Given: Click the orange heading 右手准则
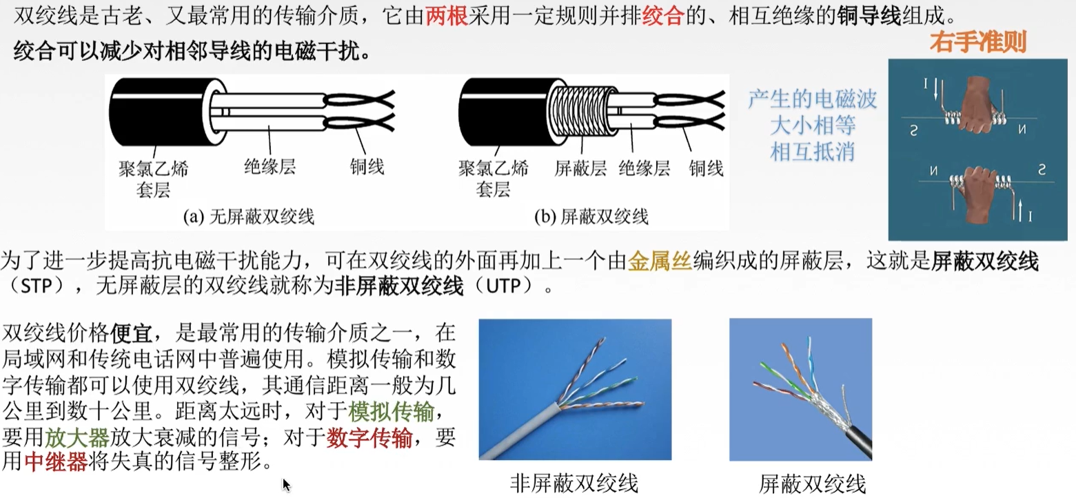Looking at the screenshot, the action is pyautogui.click(x=978, y=42).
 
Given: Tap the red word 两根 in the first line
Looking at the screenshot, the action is pyautogui.click(x=447, y=16).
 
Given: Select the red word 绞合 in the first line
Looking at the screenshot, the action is pyautogui.click(x=662, y=16).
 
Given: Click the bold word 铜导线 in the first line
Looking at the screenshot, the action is pyautogui.click(x=869, y=16).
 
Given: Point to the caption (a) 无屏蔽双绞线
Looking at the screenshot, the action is pyautogui.click(x=249, y=217).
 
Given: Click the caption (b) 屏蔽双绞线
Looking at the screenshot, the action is pyautogui.click(x=591, y=217).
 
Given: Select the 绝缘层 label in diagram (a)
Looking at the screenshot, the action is pyautogui.click(x=270, y=167).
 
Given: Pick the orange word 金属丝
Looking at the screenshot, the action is pyautogui.click(x=660, y=261).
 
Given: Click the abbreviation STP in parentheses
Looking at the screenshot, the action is pyautogui.click(x=37, y=286).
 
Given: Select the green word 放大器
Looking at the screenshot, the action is pyautogui.click(x=77, y=437).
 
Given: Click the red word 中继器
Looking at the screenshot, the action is pyautogui.click(x=56, y=462).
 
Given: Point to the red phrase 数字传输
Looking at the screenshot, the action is pyautogui.click(x=369, y=437).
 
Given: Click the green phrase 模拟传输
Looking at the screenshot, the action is pyautogui.click(x=391, y=412).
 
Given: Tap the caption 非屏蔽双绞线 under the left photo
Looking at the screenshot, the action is pyautogui.click(x=574, y=483).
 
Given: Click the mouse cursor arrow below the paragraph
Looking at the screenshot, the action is pyautogui.click(x=286, y=484).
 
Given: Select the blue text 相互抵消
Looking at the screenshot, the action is pyautogui.click(x=812, y=152).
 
